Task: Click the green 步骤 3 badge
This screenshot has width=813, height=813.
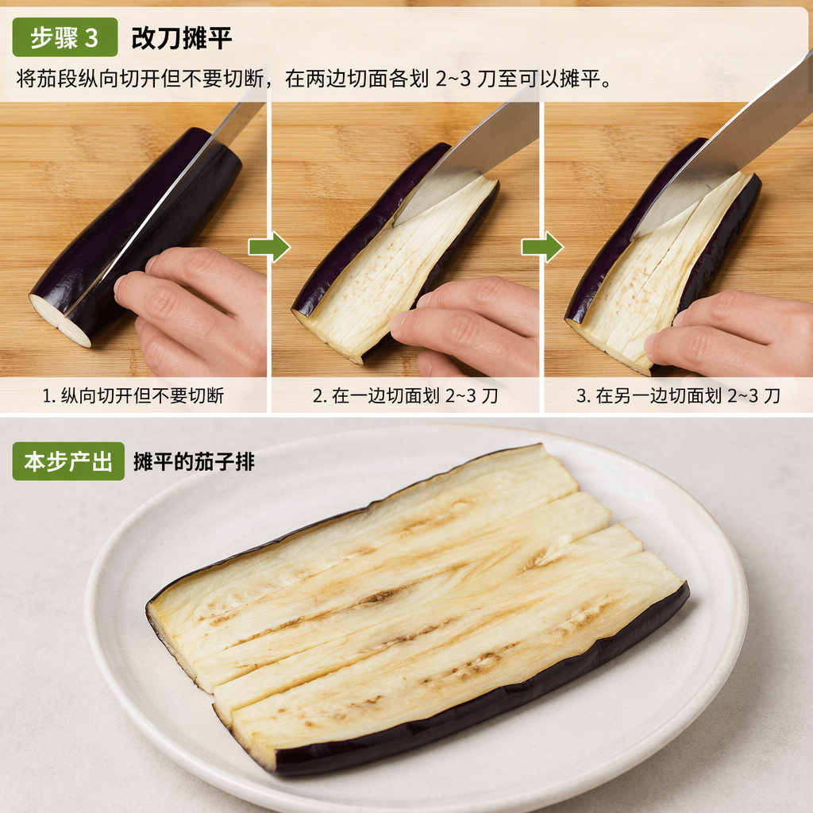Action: point(65,37)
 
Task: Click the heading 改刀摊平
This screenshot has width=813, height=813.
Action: point(182,38)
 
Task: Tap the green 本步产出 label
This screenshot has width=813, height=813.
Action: point(68,461)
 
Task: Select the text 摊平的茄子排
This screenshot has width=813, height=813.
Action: point(194,461)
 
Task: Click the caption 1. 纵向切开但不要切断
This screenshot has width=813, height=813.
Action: point(133,395)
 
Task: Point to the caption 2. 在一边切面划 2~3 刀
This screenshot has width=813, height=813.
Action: point(405,395)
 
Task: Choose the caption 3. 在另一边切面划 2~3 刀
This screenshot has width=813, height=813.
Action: point(678,395)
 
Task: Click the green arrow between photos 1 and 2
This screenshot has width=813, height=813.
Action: point(270,247)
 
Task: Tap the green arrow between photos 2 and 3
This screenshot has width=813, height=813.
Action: point(542,247)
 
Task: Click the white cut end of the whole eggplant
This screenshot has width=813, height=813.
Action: point(60,319)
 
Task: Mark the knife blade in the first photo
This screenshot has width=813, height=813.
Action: point(171,197)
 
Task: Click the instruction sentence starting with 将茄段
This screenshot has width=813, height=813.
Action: point(314,79)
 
